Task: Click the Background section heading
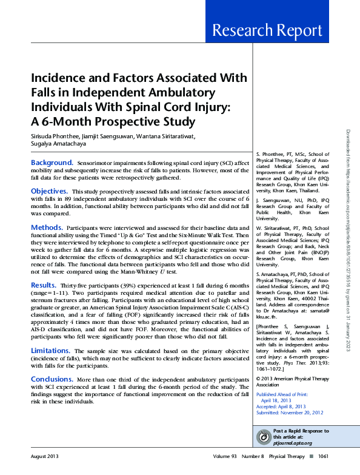52,163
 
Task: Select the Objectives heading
49,191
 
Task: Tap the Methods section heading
47,227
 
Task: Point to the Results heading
44,284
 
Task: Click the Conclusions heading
52,379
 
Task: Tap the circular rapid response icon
264,437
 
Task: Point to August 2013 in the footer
45,457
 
